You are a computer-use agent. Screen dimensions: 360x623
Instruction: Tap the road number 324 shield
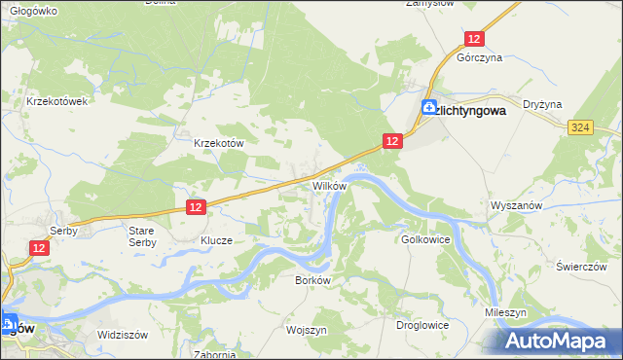(x=581, y=127)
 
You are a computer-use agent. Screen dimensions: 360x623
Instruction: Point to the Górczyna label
(x=479, y=58)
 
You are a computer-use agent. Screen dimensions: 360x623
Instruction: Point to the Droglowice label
(x=421, y=324)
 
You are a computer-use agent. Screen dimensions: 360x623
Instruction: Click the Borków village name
(x=313, y=279)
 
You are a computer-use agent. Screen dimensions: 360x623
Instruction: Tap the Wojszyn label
(x=306, y=330)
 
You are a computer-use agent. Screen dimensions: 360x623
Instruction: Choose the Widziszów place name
(x=122, y=335)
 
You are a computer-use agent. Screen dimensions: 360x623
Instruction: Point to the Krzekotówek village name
(x=58, y=100)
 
